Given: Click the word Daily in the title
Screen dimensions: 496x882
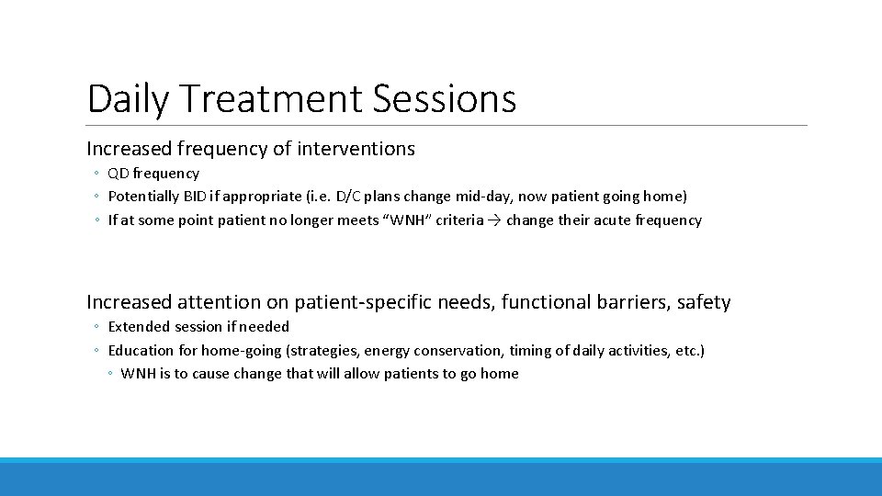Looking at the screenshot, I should pos(128,99).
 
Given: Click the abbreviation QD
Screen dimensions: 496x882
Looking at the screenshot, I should pos(119,173).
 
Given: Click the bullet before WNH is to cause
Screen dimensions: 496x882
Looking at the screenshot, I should pos(109,374).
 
